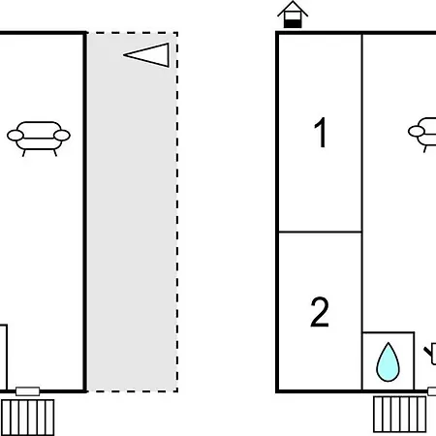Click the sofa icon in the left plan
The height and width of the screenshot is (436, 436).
click(39, 139)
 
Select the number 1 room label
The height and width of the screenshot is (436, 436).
click(321, 133)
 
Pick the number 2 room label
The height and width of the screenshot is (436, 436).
click(320, 312)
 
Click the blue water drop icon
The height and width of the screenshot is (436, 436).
click(388, 362)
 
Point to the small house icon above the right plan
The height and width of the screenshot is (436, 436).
click(293, 15)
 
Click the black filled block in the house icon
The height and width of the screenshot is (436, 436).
click(293, 24)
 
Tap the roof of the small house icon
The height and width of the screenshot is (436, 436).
click(293, 8)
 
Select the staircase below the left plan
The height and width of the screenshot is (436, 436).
click(28, 418)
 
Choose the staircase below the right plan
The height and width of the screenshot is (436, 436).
click(400, 415)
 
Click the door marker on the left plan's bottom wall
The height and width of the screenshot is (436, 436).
click(28, 391)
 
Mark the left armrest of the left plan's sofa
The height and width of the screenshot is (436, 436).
click(16, 136)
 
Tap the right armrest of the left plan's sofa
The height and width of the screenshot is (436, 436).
click(62, 136)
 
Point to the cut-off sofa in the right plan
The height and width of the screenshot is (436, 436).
click(422, 135)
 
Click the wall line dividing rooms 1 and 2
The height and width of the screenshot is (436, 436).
click(320, 232)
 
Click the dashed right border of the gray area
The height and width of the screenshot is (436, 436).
click(177, 212)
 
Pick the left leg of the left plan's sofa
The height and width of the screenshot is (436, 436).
click(24, 153)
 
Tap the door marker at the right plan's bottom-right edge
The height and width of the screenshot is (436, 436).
click(432, 391)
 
